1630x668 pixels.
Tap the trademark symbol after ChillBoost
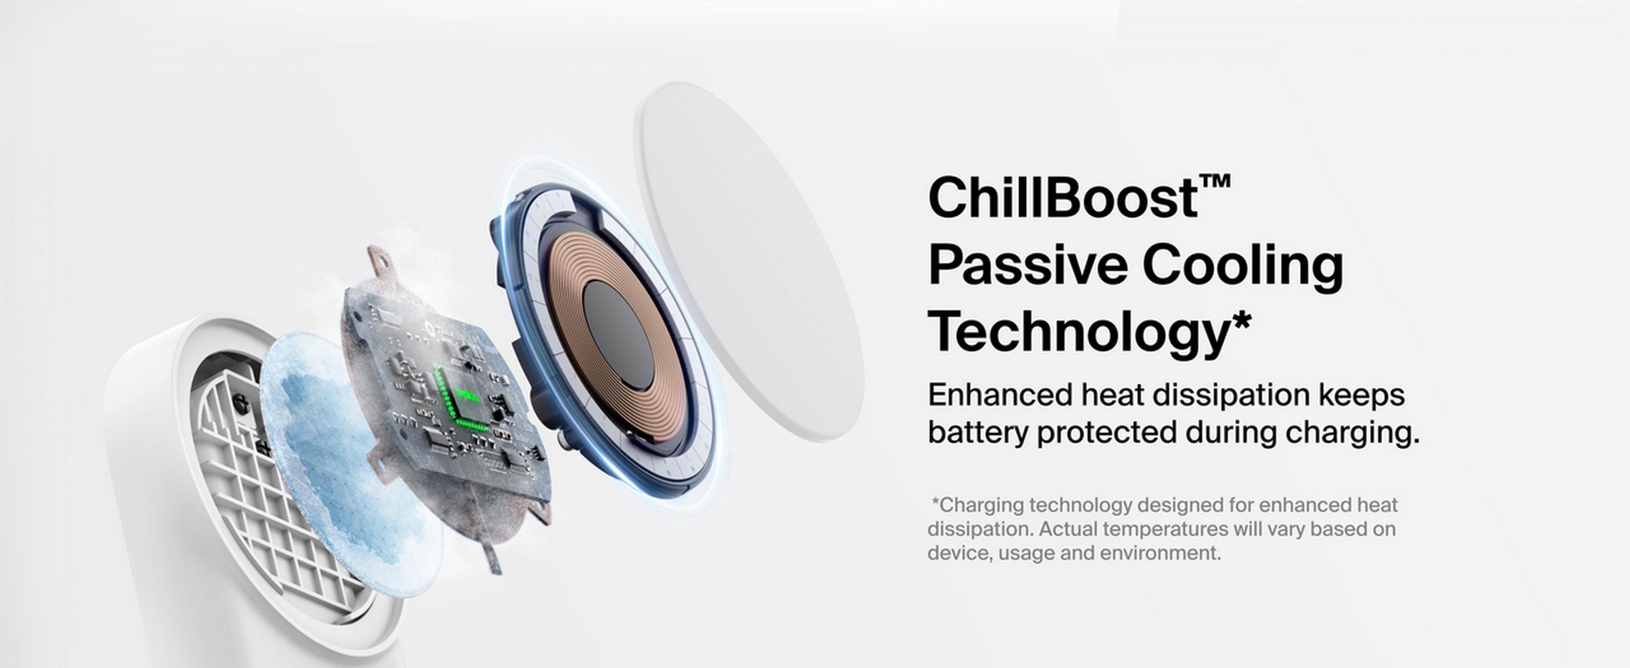pyautogui.click(x=1214, y=181)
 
